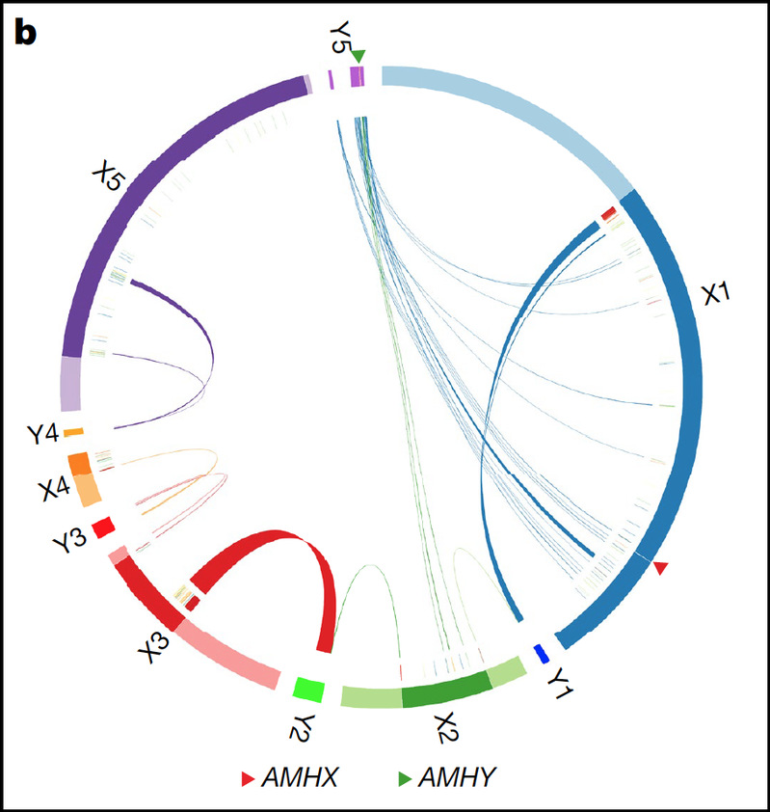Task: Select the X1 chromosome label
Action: tap(720, 291)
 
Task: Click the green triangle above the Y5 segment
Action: tap(358, 56)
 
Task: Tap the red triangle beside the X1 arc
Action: tap(659, 569)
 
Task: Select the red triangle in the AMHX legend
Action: tap(248, 776)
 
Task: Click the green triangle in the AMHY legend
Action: tap(404, 776)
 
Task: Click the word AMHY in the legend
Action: tap(457, 776)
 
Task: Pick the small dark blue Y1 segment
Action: tap(541, 653)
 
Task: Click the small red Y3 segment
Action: tap(102, 527)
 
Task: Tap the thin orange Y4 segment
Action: tap(74, 432)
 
